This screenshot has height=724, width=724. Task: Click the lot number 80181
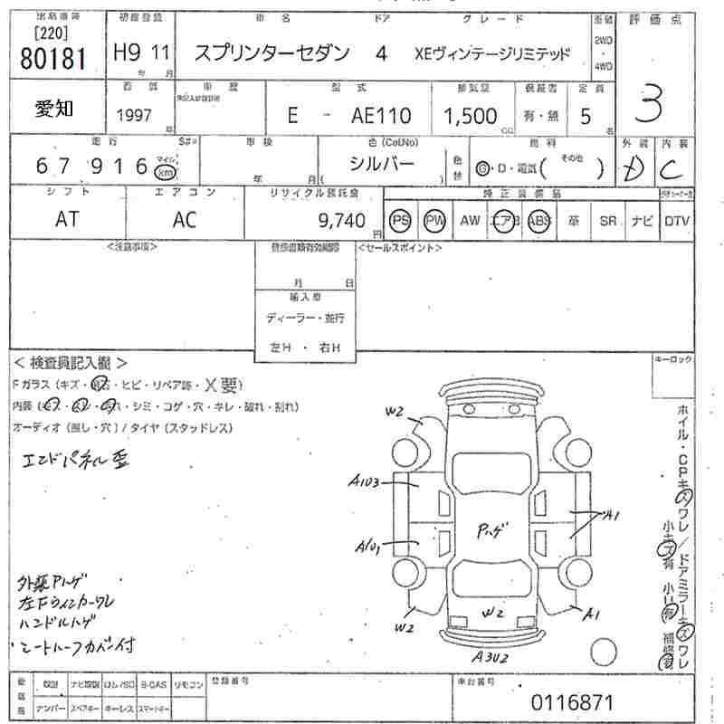pos(51,58)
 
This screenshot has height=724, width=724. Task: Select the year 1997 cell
pos(134,116)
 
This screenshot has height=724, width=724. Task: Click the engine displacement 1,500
pos(470,116)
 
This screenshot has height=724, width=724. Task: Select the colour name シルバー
pos(382,164)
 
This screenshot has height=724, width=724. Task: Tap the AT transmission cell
pos(66,220)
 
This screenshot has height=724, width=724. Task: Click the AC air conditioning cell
pos(186,220)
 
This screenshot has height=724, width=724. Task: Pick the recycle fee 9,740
pos(343,220)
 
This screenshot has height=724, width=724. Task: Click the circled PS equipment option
pos(401,221)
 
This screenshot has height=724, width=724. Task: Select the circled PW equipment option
pos(436,221)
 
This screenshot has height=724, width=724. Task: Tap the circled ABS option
pos(539,221)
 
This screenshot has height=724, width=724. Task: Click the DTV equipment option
pos(676,221)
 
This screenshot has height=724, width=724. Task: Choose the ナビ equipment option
pos(642,221)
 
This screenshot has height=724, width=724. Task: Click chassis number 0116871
pos(573,701)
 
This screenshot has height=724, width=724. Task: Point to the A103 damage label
pos(367,481)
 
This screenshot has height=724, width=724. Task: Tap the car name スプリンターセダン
pos(271,53)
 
